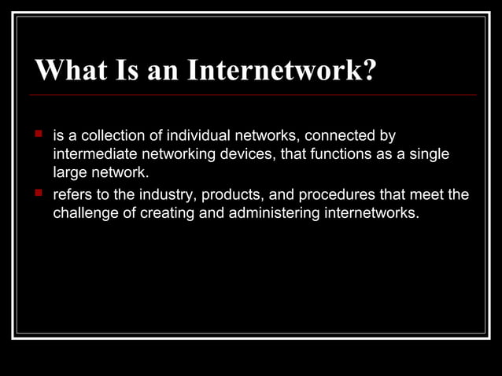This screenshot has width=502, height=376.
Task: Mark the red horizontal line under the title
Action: (x=252, y=95)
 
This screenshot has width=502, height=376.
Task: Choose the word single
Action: (x=429, y=154)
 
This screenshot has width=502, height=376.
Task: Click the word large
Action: (x=69, y=172)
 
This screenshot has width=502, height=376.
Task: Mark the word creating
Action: (x=173, y=212)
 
